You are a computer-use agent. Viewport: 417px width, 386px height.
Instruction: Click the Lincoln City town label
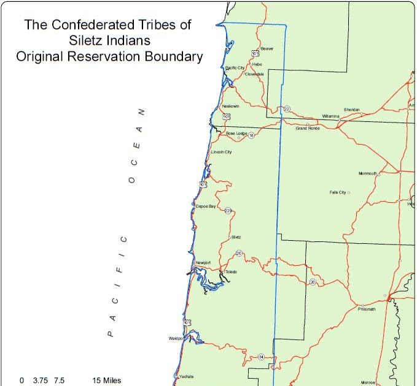pyautogui.click(x=221, y=152)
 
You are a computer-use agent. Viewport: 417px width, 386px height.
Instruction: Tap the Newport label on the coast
pyautogui.click(x=203, y=263)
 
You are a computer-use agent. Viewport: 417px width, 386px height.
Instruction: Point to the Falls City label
pyautogui.click(x=338, y=192)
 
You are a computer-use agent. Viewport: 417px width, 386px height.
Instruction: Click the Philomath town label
pyautogui.click(x=367, y=309)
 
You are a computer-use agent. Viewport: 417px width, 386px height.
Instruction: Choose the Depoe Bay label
pyautogui.click(x=206, y=207)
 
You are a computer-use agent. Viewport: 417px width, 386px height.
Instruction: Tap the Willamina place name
pyautogui.click(x=330, y=116)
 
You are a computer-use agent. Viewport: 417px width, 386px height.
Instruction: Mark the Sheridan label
pyautogui.click(x=351, y=110)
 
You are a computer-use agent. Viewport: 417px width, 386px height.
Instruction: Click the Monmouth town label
pyautogui.click(x=368, y=173)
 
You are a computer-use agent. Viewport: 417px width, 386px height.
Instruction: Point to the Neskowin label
pyautogui.click(x=231, y=106)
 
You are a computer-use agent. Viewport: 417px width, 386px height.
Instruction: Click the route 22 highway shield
pyautogui.click(x=287, y=109)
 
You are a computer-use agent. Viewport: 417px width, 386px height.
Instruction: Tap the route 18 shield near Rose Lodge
pyautogui.click(x=251, y=135)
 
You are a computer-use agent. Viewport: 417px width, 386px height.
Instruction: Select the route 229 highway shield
pyautogui.click(x=228, y=211)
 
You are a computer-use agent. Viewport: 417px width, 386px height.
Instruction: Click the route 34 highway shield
pyautogui.click(x=261, y=357)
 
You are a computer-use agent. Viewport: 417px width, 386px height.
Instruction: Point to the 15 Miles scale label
pyautogui.click(x=106, y=380)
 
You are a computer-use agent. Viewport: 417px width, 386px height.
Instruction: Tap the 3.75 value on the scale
pyautogui.click(x=40, y=380)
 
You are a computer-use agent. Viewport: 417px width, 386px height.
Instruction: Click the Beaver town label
pyautogui.click(x=267, y=48)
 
